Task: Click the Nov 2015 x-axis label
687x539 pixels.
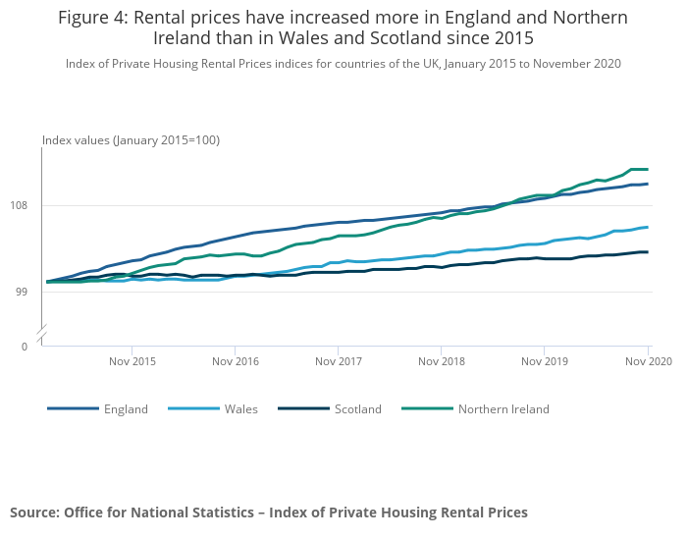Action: click(x=132, y=362)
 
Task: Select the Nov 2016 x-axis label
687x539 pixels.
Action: click(x=235, y=362)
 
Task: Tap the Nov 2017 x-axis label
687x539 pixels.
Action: click(x=338, y=362)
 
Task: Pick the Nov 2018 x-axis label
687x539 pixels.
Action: click(x=441, y=362)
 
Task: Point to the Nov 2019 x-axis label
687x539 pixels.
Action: click(x=545, y=362)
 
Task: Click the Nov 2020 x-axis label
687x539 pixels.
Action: click(x=648, y=362)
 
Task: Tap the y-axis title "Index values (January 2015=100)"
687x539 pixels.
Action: click(x=131, y=140)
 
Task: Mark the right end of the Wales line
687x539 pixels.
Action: click(x=648, y=227)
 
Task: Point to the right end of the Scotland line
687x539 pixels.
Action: click(x=648, y=252)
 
